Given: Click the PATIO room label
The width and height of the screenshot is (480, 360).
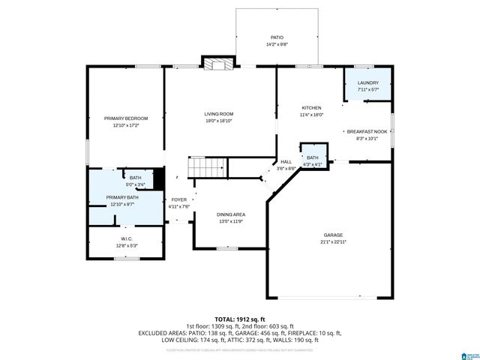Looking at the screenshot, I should [277, 37].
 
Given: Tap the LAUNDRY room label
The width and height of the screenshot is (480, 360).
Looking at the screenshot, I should [367, 82].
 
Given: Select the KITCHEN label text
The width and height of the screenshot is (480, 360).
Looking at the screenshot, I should [311, 108].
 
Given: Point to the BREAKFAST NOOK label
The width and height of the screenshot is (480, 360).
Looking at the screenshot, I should [367, 131].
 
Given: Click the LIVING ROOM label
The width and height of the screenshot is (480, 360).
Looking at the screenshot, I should [219, 114].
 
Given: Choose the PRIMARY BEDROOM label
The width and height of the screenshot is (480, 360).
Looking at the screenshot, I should [125, 118].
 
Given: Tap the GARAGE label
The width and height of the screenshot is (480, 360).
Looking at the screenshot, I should [333, 235].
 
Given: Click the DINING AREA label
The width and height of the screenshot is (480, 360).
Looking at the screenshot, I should [230, 214].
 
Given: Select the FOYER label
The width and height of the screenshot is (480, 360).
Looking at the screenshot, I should [179, 199].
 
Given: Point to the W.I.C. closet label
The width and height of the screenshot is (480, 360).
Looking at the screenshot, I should [125, 238].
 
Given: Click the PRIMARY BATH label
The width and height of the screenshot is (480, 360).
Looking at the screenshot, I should [121, 197].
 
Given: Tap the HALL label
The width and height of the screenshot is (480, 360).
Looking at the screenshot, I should [286, 162].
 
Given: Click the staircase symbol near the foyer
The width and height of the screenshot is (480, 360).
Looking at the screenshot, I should [206, 167].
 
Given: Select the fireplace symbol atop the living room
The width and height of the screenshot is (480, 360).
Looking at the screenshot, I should [217, 64].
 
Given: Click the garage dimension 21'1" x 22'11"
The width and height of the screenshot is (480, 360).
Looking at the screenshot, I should [333, 241].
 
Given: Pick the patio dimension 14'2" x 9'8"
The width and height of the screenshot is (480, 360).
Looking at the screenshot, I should [277, 43].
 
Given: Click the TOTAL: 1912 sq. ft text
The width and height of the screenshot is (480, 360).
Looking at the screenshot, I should [240, 319].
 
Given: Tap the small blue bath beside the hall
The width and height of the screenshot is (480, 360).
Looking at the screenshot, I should [312, 157].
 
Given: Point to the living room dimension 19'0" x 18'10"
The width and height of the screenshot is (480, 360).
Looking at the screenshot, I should [219, 121].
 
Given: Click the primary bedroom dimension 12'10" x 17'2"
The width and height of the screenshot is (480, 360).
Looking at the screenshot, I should [125, 125].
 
